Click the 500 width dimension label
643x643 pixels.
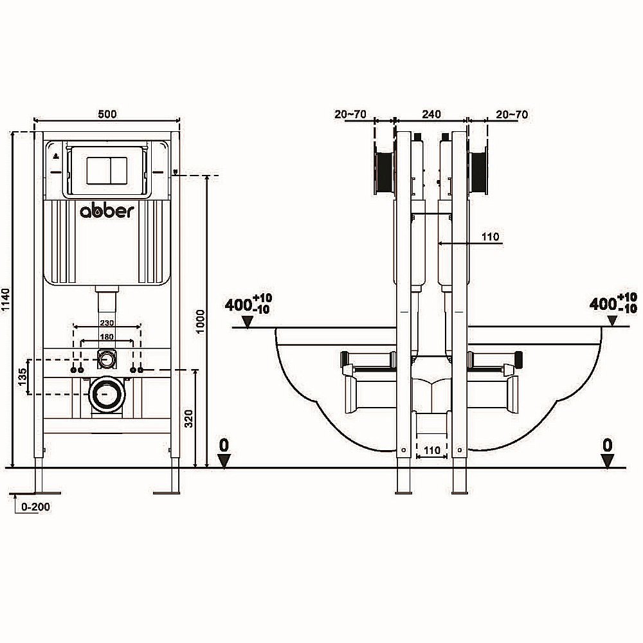[107, 114]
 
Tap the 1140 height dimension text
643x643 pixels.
[6, 300]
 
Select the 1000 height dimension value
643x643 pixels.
[201, 320]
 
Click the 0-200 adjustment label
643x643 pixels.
[35, 507]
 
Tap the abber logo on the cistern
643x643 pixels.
[107, 212]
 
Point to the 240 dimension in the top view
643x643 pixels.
[431, 114]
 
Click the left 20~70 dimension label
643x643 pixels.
[350, 114]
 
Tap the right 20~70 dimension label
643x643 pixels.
[512, 114]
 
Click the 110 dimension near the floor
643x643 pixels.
[432, 450]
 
